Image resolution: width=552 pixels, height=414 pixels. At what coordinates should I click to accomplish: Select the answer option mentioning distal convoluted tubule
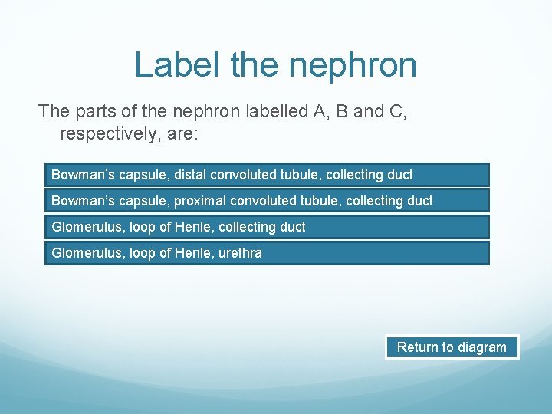(266, 175)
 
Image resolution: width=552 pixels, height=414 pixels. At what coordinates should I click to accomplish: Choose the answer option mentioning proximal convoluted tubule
(266, 201)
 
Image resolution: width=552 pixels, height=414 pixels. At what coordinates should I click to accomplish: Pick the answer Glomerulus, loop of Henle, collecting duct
(266, 227)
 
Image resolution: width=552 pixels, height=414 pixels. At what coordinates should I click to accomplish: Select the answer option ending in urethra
(266, 253)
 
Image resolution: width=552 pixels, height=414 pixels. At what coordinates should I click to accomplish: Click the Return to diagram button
(452, 347)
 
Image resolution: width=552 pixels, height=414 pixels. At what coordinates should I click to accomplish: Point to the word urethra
(238, 253)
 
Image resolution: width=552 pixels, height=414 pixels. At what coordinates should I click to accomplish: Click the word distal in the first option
(190, 175)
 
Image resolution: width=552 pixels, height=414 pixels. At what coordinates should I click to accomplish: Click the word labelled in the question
(276, 111)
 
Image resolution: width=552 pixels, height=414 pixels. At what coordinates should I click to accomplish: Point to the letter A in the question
(320, 111)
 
